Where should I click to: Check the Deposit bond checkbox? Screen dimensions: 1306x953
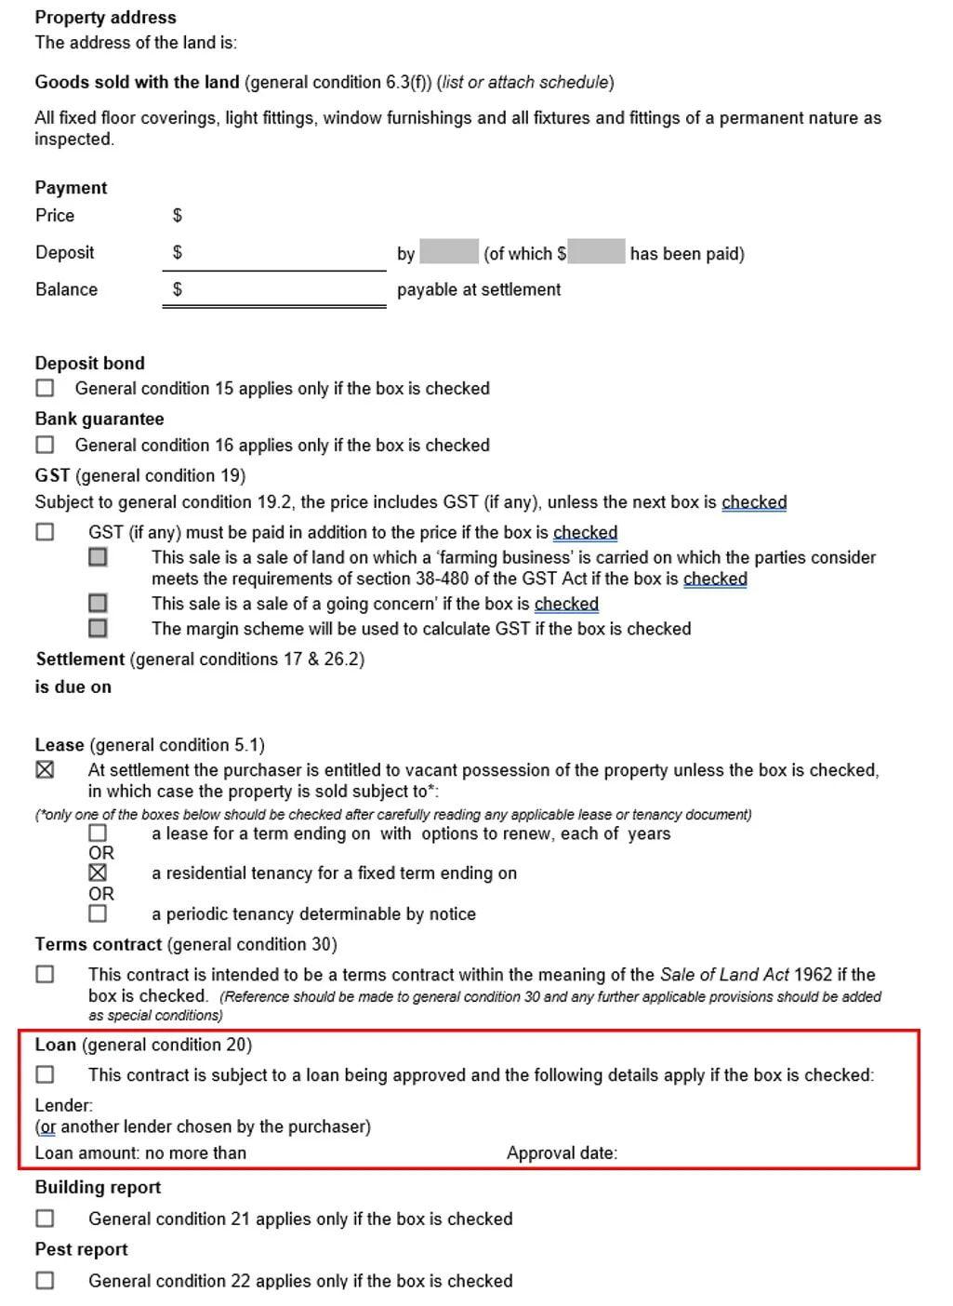click(x=45, y=388)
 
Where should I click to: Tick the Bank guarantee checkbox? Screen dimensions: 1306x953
click(x=45, y=445)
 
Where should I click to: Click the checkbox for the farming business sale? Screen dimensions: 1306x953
click(x=98, y=557)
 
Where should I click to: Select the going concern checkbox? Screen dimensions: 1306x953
click(x=98, y=604)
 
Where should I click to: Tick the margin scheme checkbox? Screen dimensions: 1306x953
click(x=98, y=629)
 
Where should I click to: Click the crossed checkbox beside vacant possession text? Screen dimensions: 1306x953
click(x=45, y=770)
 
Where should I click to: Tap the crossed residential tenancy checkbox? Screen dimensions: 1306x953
click(x=98, y=873)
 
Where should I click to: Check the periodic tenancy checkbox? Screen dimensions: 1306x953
click(x=98, y=913)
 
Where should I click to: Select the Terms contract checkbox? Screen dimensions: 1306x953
click(x=45, y=974)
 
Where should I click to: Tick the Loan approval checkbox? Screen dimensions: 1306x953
click(x=45, y=1074)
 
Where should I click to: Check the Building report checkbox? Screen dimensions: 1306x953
click(x=45, y=1218)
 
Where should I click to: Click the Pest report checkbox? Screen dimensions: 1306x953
click(x=45, y=1280)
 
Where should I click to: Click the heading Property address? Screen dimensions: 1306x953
click(x=105, y=17)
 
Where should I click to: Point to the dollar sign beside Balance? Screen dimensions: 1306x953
click(x=178, y=289)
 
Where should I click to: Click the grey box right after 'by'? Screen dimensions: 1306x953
click(x=448, y=252)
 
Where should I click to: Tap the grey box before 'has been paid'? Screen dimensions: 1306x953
click(x=596, y=252)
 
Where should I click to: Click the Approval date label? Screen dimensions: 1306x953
click(x=562, y=1153)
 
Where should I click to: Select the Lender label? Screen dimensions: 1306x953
click(x=63, y=1105)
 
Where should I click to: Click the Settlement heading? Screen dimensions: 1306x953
click(x=80, y=659)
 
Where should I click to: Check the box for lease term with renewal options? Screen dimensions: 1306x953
click(x=98, y=833)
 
